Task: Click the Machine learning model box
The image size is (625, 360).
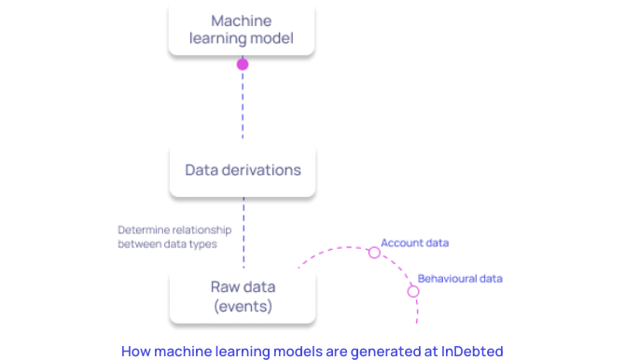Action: coord(243,29)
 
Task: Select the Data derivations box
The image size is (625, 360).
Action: coord(243,170)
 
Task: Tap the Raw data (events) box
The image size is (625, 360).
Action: coord(243,296)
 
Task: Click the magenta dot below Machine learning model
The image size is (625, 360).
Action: coord(243,65)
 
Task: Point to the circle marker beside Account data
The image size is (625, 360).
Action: coord(374,252)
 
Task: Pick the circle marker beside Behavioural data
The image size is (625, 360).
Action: coord(412,291)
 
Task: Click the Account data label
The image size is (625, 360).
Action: coord(414,242)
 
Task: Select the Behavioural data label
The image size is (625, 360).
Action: coord(460,278)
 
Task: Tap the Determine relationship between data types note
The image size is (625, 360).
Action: coord(167,237)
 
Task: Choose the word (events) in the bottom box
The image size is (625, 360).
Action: coord(243,306)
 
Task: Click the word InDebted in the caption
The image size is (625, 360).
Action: coord(471,351)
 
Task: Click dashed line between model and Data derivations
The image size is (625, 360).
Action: coord(243,107)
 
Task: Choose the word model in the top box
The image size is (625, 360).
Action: coord(271,38)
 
